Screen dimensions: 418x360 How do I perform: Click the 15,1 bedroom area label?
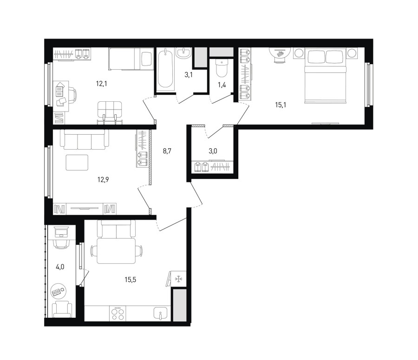tap(281, 105)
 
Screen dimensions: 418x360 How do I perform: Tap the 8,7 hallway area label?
tap(167, 151)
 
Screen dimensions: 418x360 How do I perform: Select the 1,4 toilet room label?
tap(222, 85)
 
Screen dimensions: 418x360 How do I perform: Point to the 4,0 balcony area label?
tap(60, 267)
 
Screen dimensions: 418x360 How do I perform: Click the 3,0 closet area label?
tap(213, 151)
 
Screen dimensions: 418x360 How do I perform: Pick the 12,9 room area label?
tap(103, 179)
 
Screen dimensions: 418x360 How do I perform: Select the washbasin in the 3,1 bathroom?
tap(183, 52)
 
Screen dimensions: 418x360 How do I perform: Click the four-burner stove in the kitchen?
tap(118, 314)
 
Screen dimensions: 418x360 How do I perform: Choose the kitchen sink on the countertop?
tap(161, 314)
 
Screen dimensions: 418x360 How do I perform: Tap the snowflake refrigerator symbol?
tap(178, 279)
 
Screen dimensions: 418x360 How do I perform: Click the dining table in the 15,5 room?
tap(116, 251)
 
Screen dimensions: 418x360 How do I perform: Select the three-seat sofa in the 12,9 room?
tap(85, 139)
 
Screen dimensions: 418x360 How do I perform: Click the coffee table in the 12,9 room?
tap(77, 163)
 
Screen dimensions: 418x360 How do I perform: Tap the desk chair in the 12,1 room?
tap(72, 96)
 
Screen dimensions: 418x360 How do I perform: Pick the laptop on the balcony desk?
tap(61, 232)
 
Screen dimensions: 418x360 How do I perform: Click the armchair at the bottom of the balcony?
tap(62, 309)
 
